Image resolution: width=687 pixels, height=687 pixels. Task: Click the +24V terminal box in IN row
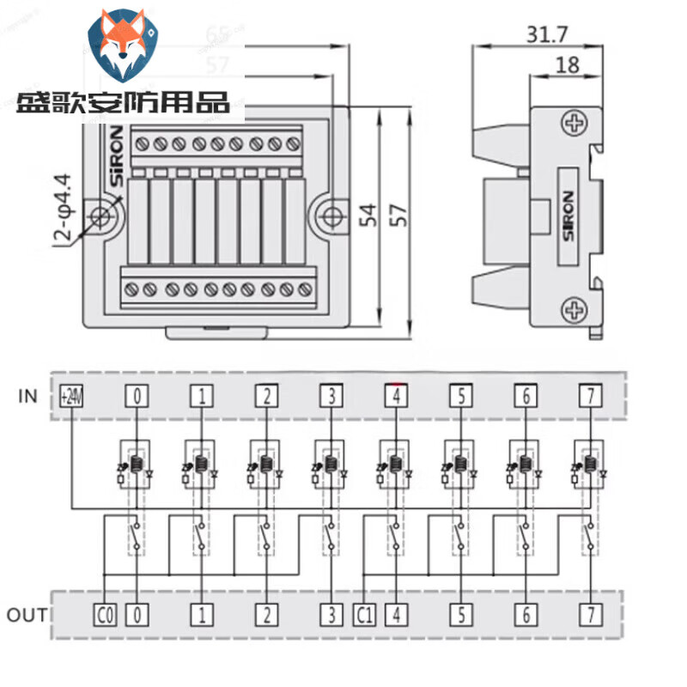tap(71, 396)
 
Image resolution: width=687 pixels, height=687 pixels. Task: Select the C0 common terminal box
tap(104, 614)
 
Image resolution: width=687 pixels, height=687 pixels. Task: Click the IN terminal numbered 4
tap(395, 396)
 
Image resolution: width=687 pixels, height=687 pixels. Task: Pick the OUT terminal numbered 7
tap(590, 614)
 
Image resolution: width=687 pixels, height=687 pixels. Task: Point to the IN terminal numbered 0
tap(137, 396)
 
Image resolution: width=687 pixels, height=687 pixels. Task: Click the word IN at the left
tap(28, 396)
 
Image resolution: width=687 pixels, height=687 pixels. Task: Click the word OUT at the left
tap(27, 615)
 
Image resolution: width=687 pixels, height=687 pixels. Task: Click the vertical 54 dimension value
tap(368, 214)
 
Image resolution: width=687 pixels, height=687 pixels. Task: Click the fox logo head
tap(124, 51)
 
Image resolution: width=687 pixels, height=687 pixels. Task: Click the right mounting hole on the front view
tap(327, 216)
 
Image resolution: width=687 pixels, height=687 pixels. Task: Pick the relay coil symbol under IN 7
tap(590, 465)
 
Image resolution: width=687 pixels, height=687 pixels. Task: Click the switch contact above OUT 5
tap(460, 536)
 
